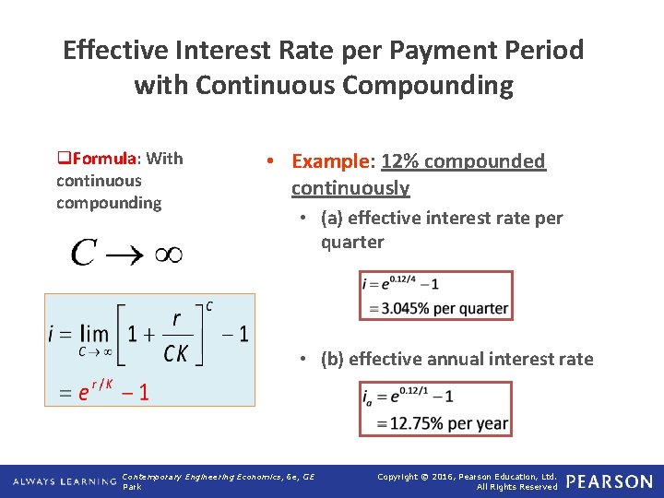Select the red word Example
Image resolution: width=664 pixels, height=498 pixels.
(329, 161)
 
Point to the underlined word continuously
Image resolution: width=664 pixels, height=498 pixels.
(350, 188)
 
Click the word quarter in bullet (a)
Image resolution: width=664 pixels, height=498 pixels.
(352, 243)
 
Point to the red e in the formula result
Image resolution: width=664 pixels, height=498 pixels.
(83, 393)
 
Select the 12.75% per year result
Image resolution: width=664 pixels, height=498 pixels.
(442, 423)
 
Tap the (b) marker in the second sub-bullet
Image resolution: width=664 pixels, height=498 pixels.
(333, 360)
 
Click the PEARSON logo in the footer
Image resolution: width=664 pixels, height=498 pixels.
(609, 481)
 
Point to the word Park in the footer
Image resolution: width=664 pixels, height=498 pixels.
(132, 487)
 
